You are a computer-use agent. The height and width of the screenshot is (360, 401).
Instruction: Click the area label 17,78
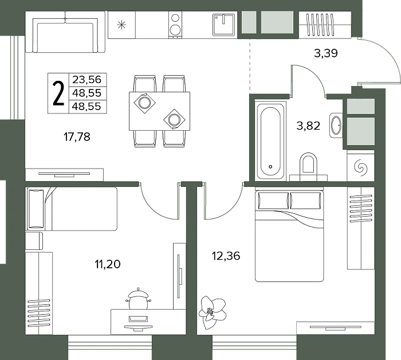[77, 137]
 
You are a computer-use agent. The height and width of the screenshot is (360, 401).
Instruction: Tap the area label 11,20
[108, 264]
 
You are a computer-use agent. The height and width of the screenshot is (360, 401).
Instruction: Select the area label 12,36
[226, 256]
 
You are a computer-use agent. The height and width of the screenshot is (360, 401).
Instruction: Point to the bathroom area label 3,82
[308, 126]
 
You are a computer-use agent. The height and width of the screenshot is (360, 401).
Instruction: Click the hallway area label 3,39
[326, 53]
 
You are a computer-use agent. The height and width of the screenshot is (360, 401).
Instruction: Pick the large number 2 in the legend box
[58, 93]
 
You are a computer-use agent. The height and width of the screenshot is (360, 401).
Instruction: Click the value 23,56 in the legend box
[87, 80]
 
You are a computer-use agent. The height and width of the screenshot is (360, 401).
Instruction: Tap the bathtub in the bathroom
[270, 141]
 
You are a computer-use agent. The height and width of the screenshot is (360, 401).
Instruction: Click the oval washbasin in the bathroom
[336, 126]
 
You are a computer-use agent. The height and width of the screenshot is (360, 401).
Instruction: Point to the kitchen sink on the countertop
[224, 25]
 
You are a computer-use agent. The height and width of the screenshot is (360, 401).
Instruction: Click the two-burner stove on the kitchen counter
[175, 25]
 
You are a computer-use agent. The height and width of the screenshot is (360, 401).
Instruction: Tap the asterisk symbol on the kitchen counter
[121, 25]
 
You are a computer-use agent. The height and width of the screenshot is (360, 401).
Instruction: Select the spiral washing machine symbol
[361, 168]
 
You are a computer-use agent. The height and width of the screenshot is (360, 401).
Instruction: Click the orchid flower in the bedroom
[213, 312]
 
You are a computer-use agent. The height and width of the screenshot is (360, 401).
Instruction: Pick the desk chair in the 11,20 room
[139, 299]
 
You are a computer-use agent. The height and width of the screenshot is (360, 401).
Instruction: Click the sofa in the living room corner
[65, 32]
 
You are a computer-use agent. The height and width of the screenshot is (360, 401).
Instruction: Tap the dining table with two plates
[160, 111]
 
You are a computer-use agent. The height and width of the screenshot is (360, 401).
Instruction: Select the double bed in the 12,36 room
[289, 236]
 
